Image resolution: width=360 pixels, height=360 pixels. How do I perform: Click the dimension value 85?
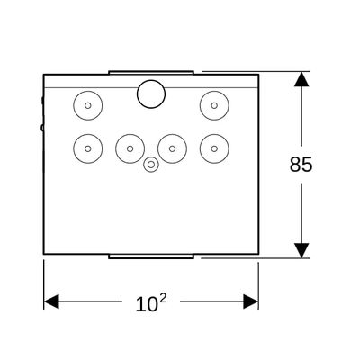click(x=301, y=165)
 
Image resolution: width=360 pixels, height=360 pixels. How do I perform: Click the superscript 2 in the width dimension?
click(x=162, y=298)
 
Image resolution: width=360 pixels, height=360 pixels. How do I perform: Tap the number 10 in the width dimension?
click(x=147, y=304)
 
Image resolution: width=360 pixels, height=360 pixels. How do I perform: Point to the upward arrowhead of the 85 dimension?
click(x=301, y=79)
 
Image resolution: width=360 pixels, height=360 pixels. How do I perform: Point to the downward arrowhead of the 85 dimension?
click(x=301, y=250)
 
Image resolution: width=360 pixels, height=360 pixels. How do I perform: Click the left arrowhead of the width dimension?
click(x=51, y=301)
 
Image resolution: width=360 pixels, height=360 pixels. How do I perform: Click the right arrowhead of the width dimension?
click(x=251, y=301)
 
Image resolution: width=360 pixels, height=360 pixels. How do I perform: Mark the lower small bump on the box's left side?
click(x=42, y=128)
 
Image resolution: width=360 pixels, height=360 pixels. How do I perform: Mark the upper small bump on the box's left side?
click(x=42, y=100)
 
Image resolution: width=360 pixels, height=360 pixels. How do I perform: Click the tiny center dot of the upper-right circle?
click(x=214, y=105)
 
